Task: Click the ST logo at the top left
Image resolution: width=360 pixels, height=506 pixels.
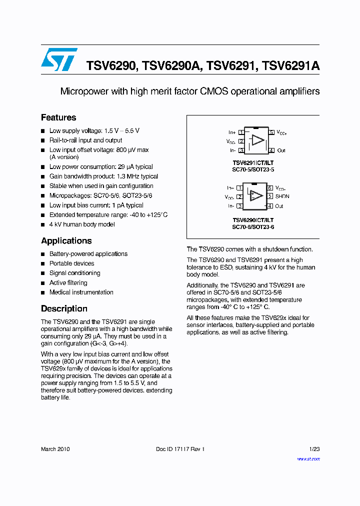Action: point(59,59)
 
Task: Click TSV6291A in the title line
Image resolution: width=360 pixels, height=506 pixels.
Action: point(290,66)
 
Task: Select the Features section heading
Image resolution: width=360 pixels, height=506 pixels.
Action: point(58,117)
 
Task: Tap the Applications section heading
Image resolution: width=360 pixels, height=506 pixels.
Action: point(66,240)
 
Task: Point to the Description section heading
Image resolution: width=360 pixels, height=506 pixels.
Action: point(64,308)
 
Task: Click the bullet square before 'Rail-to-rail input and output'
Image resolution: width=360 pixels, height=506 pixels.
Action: point(43,140)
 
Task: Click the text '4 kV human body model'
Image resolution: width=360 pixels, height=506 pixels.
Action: point(82,224)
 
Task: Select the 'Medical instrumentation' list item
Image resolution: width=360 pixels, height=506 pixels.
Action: point(81,292)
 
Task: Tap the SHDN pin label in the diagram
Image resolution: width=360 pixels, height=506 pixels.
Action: point(282,196)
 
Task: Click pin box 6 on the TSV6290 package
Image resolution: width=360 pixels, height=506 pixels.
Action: point(269,188)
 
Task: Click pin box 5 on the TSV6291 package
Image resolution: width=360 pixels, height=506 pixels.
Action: point(271,132)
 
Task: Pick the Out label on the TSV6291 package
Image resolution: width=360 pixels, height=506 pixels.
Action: point(281,150)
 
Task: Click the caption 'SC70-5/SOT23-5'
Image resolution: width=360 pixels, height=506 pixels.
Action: point(253,169)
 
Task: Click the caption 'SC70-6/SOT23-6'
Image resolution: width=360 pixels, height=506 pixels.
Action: point(253,227)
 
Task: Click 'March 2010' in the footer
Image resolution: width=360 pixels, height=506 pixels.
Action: point(55,449)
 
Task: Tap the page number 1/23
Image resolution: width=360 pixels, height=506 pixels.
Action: point(314,449)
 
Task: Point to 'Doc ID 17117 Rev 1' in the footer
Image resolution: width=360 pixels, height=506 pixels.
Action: point(180,449)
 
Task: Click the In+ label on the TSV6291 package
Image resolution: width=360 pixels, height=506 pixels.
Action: point(232,132)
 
